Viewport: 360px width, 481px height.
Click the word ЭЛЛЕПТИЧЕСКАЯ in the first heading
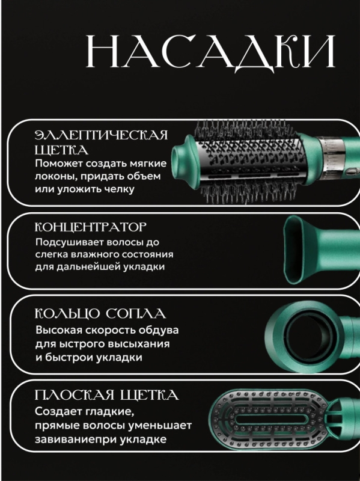[100, 134]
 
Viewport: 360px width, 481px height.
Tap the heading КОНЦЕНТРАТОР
[92, 227]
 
